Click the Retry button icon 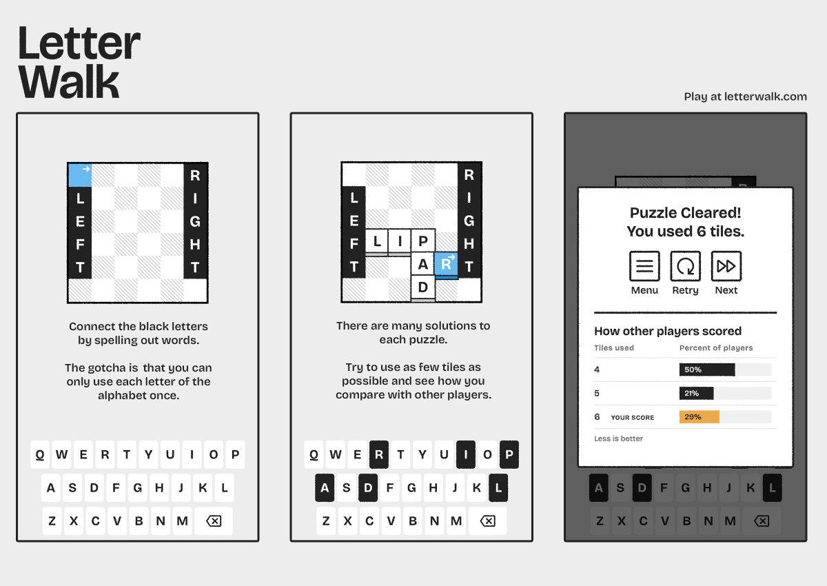tap(685, 266)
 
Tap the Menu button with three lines tap(644, 266)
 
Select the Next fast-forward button tap(726, 266)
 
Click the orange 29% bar tap(700, 417)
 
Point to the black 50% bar tap(707, 370)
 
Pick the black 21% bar tap(696, 393)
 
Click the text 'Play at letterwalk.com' tap(745, 97)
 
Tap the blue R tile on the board tap(447, 264)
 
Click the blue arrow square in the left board tap(80, 175)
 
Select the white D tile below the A tap(423, 287)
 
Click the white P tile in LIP tap(423, 241)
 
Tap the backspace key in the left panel tap(214, 521)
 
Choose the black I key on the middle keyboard tap(466, 454)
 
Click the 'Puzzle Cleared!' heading tap(685, 213)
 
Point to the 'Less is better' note tap(618, 438)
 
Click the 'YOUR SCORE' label tap(633, 417)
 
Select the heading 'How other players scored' tap(668, 331)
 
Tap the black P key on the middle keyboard tap(509, 454)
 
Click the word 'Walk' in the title tap(69, 81)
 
